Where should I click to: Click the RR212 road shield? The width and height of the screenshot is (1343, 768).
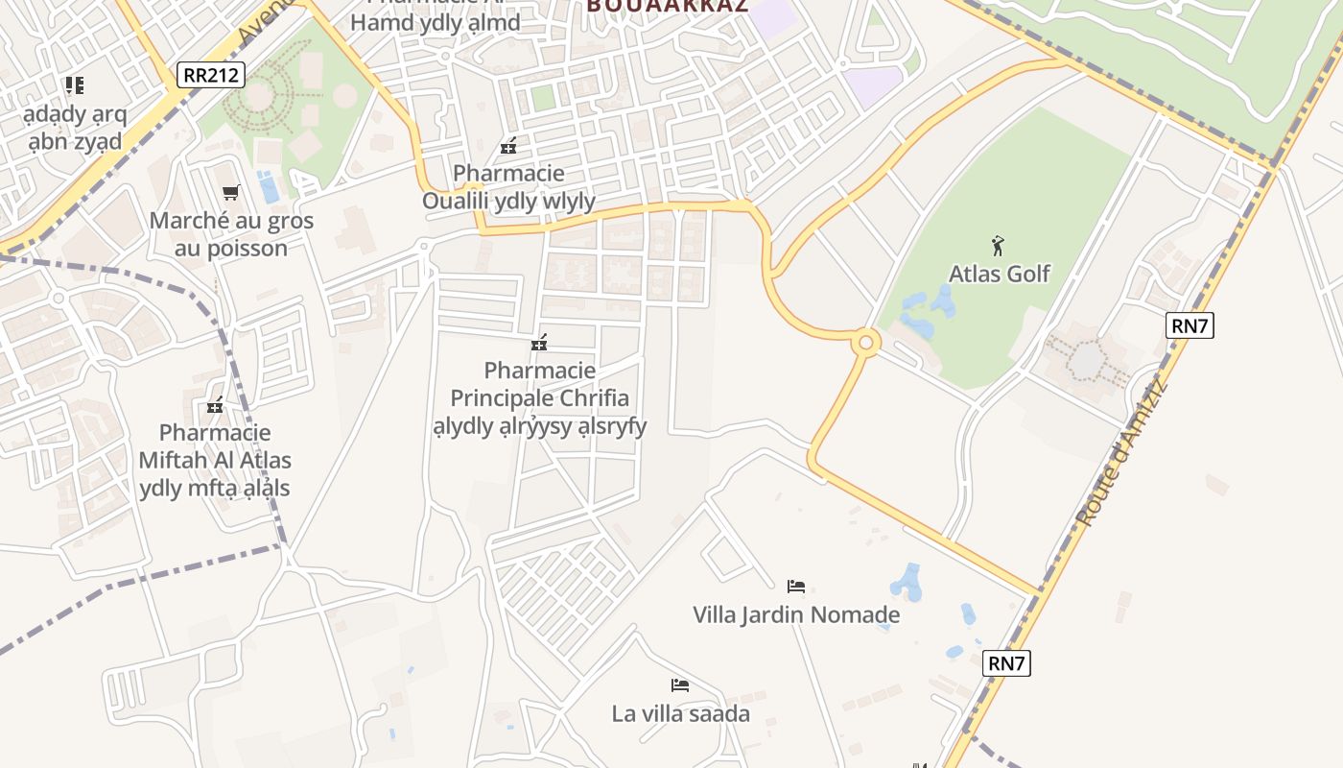click(211, 75)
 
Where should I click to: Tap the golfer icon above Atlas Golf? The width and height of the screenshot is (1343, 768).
click(998, 246)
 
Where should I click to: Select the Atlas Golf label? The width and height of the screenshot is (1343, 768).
click(999, 274)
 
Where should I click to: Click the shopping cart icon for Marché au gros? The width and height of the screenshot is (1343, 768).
click(230, 193)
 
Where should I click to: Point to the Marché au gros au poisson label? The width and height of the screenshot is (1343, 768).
click(231, 234)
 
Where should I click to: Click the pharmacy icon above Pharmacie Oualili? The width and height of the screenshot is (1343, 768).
click(508, 146)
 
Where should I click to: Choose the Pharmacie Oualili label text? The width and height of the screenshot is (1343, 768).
click(508, 187)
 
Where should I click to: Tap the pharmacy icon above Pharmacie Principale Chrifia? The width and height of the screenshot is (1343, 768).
click(539, 343)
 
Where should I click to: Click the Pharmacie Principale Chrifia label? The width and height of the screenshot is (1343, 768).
click(539, 397)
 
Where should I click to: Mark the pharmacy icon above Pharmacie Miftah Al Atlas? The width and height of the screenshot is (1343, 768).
click(215, 405)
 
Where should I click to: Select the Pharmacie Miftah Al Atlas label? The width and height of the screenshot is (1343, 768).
click(215, 460)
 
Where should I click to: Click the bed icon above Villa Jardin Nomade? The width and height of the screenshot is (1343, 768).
click(795, 586)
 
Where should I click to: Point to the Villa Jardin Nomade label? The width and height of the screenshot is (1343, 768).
click(796, 614)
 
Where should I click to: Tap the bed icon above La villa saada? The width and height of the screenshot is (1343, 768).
click(680, 685)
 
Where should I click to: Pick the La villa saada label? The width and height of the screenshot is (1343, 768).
click(680, 713)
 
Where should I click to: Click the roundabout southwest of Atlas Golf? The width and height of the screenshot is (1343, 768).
click(866, 342)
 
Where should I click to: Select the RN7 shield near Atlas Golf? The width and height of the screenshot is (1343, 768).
click(1190, 325)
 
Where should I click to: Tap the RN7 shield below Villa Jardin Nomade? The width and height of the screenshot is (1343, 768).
click(1007, 662)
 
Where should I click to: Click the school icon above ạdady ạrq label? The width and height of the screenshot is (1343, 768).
click(74, 85)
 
